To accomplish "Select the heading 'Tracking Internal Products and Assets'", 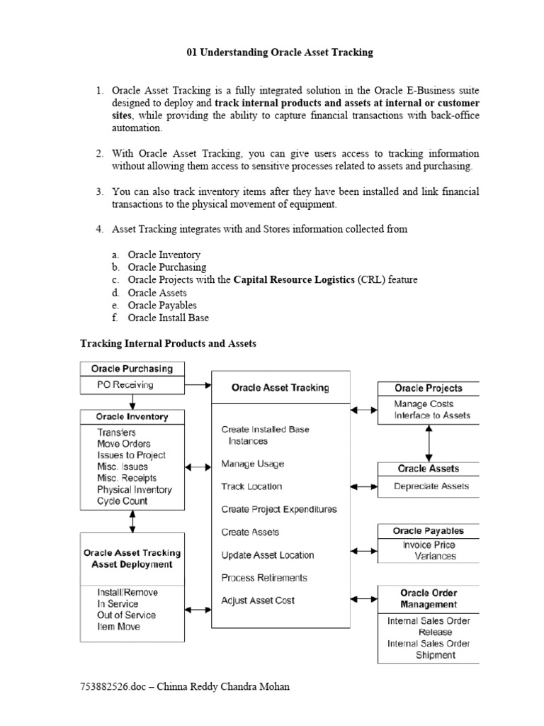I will point(168,343).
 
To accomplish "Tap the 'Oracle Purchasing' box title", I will point(132,369).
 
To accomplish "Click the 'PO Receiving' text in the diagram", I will point(125,385).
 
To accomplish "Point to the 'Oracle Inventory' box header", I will point(132,416).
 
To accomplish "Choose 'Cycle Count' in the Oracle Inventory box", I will point(123,501).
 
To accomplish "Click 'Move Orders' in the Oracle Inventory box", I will point(124,444).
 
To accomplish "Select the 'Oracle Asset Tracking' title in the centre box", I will point(280,388).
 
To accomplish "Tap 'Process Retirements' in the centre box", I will point(264,578).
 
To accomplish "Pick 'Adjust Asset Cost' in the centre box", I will point(258,601).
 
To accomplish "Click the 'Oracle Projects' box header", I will point(428,389).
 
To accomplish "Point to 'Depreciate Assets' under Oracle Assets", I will point(431,486).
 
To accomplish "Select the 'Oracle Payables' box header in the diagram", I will point(429,531).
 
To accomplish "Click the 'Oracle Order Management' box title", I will point(429,598).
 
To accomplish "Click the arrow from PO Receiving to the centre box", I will point(198,386).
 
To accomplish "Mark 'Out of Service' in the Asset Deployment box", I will point(127,615).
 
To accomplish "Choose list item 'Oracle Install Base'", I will point(168,318).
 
